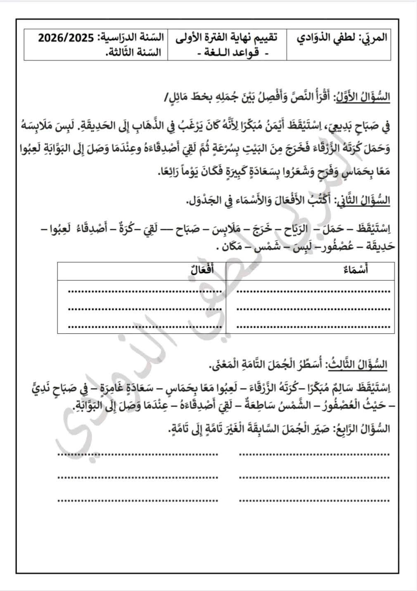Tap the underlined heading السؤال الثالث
coord(357,365)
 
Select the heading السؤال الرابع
coord(364,429)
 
